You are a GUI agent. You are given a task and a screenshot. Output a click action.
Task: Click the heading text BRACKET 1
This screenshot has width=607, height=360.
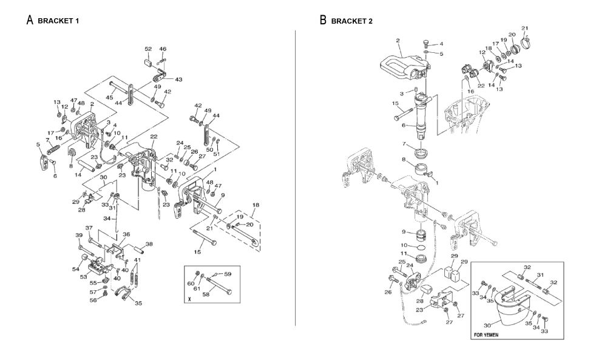coord(58,21)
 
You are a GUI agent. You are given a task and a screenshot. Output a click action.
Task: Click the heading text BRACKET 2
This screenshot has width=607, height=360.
coord(351,21)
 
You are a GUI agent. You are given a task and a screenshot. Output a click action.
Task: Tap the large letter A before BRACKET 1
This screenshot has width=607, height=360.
coord(29,20)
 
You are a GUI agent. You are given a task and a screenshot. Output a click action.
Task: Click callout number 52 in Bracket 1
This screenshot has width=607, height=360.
coord(148,49)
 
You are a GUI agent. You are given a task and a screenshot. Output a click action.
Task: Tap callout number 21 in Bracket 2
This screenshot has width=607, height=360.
coord(524,28)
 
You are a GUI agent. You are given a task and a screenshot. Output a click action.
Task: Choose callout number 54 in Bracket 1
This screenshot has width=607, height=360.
coord(76,268)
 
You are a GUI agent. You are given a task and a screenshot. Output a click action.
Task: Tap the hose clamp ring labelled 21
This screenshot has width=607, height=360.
coord(526,41)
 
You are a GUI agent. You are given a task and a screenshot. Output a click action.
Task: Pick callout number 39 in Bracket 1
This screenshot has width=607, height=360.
coord(79,236)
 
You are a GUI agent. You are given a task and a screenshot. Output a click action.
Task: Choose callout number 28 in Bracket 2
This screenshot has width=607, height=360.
coord(419,301)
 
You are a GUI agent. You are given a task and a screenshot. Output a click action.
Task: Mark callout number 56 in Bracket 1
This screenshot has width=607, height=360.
coord(93,300)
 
